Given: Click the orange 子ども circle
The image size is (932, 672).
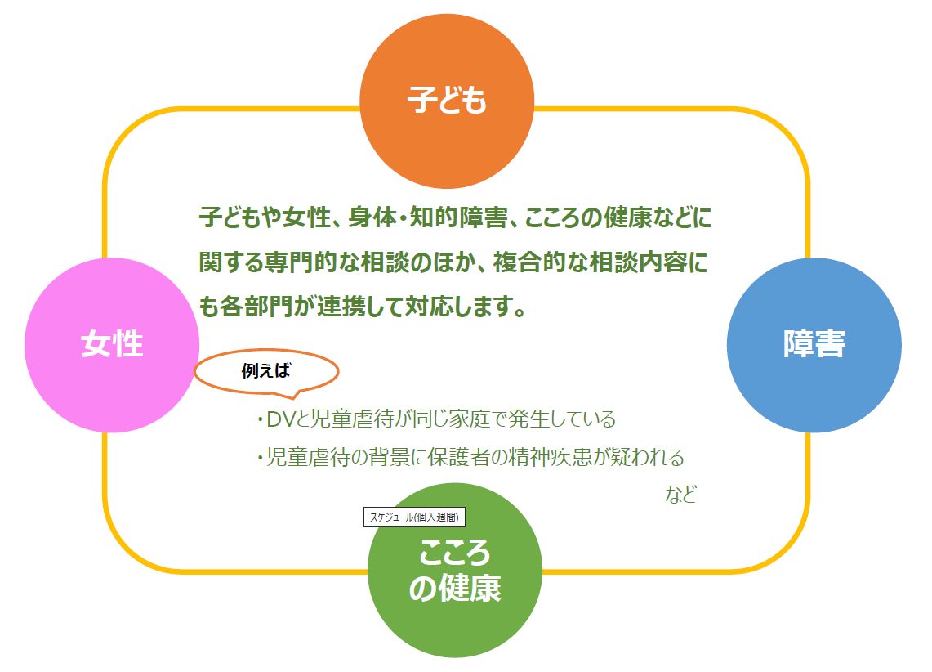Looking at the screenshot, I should point(447,101).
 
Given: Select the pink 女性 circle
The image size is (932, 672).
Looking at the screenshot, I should point(112,344).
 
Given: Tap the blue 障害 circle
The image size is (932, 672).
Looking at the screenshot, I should point(814,344).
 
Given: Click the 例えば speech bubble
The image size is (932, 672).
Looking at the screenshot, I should point(266,371).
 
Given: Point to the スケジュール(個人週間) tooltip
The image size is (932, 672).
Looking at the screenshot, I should point(414,517).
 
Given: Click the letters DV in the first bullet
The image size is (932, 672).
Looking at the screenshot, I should point(280,420).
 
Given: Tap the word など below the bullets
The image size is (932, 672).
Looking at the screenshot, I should point(680,495).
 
